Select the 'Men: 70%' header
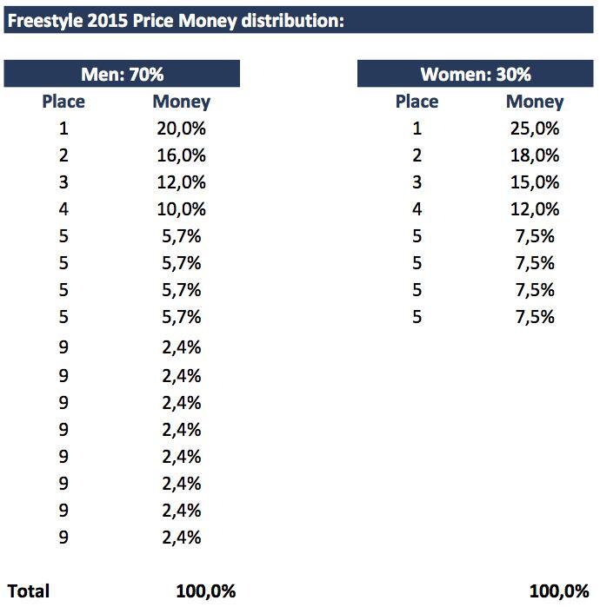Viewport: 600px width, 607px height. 122,75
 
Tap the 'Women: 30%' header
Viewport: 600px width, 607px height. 476,75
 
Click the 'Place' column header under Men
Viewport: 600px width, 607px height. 63,102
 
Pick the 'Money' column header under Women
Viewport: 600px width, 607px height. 535,102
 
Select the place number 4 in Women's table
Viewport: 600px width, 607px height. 417,209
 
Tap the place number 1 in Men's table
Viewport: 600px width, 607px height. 63,129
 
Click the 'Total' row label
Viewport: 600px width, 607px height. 29,591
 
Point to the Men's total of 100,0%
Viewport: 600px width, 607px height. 205,591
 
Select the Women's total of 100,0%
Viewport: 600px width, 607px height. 559,591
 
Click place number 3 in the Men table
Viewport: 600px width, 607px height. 63,182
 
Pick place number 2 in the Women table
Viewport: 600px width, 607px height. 417,155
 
